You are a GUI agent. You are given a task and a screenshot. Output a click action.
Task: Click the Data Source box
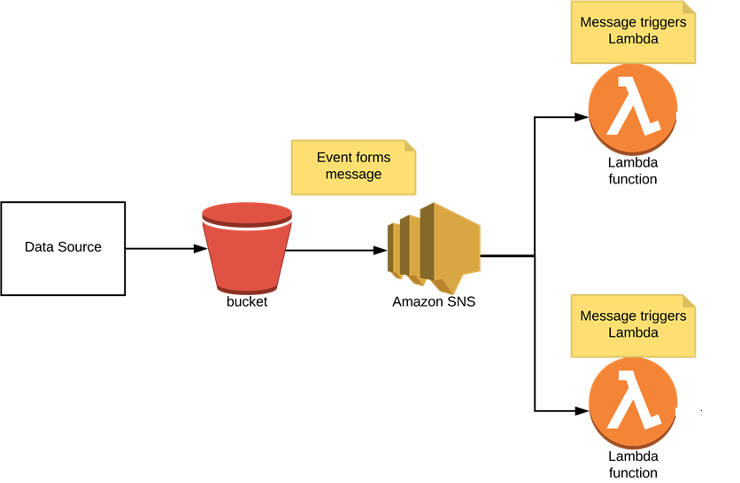tap(63, 248)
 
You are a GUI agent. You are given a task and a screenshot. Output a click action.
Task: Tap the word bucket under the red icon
tap(247, 301)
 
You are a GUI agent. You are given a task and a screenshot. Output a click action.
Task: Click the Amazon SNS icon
tap(433, 249)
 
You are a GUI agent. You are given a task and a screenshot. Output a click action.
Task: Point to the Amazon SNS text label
tap(434, 301)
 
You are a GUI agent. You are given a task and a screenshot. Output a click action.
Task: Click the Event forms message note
tap(353, 167)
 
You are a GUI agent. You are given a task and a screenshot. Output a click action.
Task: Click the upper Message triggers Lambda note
tap(632, 31)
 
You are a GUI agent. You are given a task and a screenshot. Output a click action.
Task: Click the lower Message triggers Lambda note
tap(632, 324)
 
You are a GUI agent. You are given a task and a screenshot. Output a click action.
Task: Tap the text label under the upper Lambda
tap(632, 171)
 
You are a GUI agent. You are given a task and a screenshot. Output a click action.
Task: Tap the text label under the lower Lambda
tap(632, 464)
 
